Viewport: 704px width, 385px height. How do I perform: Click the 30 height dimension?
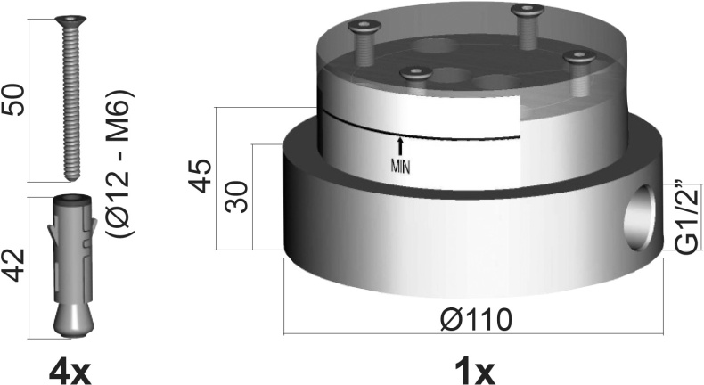[x=236, y=198]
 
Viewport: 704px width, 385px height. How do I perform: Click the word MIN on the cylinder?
[x=400, y=164]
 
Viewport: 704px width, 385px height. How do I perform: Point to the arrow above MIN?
[x=400, y=144]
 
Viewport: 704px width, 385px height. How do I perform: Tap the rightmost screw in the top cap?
[x=579, y=61]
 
